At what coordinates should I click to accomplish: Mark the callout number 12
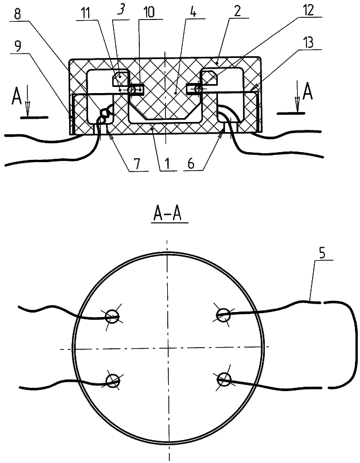pyautogui.click(x=308, y=11)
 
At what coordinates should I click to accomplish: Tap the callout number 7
pyautogui.click(x=137, y=164)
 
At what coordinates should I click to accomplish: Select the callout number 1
pyautogui.click(x=167, y=164)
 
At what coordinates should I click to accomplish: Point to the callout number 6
pyautogui.click(x=191, y=164)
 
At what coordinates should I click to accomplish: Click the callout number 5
pyautogui.click(x=322, y=253)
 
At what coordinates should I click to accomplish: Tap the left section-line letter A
pyautogui.click(x=17, y=96)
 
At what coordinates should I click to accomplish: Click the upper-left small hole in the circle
pyautogui.click(x=112, y=316)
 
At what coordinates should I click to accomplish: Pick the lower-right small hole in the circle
pyautogui.click(x=224, y=378)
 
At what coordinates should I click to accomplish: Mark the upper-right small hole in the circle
pyautogui.click(x=223, y=314)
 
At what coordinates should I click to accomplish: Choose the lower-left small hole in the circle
pyautogui.click(x=113, y=380)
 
